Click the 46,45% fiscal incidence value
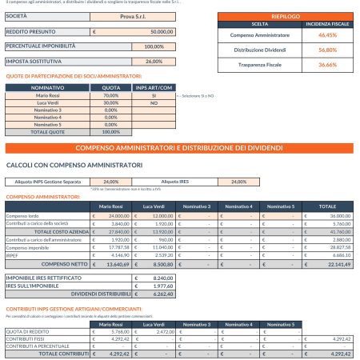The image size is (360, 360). (x=322, y=36)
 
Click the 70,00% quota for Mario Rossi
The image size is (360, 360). (x=111, y=94)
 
